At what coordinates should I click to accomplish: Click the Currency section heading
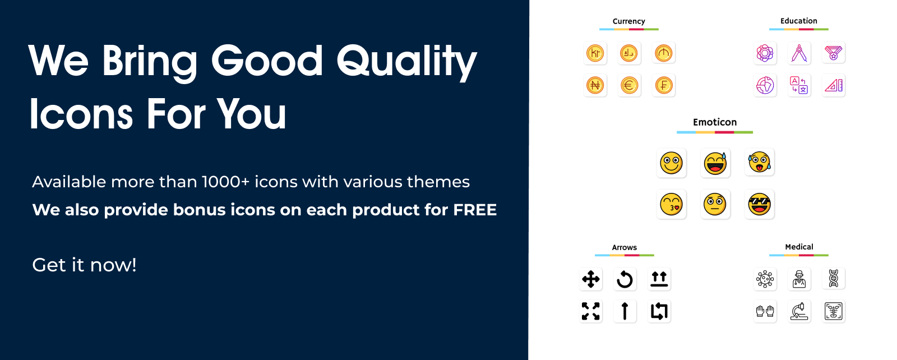[628, 21]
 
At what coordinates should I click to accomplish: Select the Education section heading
[798, 21]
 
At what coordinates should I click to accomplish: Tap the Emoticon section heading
[715, 122]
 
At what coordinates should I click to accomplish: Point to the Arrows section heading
[625, 247]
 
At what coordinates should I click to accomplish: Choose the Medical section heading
[799, 247]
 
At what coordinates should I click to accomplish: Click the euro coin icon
[630, 85]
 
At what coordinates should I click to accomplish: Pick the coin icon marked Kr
[595, 53]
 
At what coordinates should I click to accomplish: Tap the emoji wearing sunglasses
[759, 204]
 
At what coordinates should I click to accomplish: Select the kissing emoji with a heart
[671, 204]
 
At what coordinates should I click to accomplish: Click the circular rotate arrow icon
[625, 279]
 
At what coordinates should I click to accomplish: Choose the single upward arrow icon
[625, 311]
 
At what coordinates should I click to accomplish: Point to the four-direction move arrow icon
[591, 279]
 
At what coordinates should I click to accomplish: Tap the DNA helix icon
[833, 279]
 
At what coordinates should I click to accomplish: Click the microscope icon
[799, 311]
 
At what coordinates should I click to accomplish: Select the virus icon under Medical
[765, 279]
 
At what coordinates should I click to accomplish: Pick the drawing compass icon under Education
[799, 53]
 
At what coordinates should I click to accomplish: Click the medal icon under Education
[833, 53]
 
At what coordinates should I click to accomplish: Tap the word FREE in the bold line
[475, 210]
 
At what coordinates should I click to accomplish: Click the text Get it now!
[84, 265]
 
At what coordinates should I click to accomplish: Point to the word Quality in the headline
[407, 62]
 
